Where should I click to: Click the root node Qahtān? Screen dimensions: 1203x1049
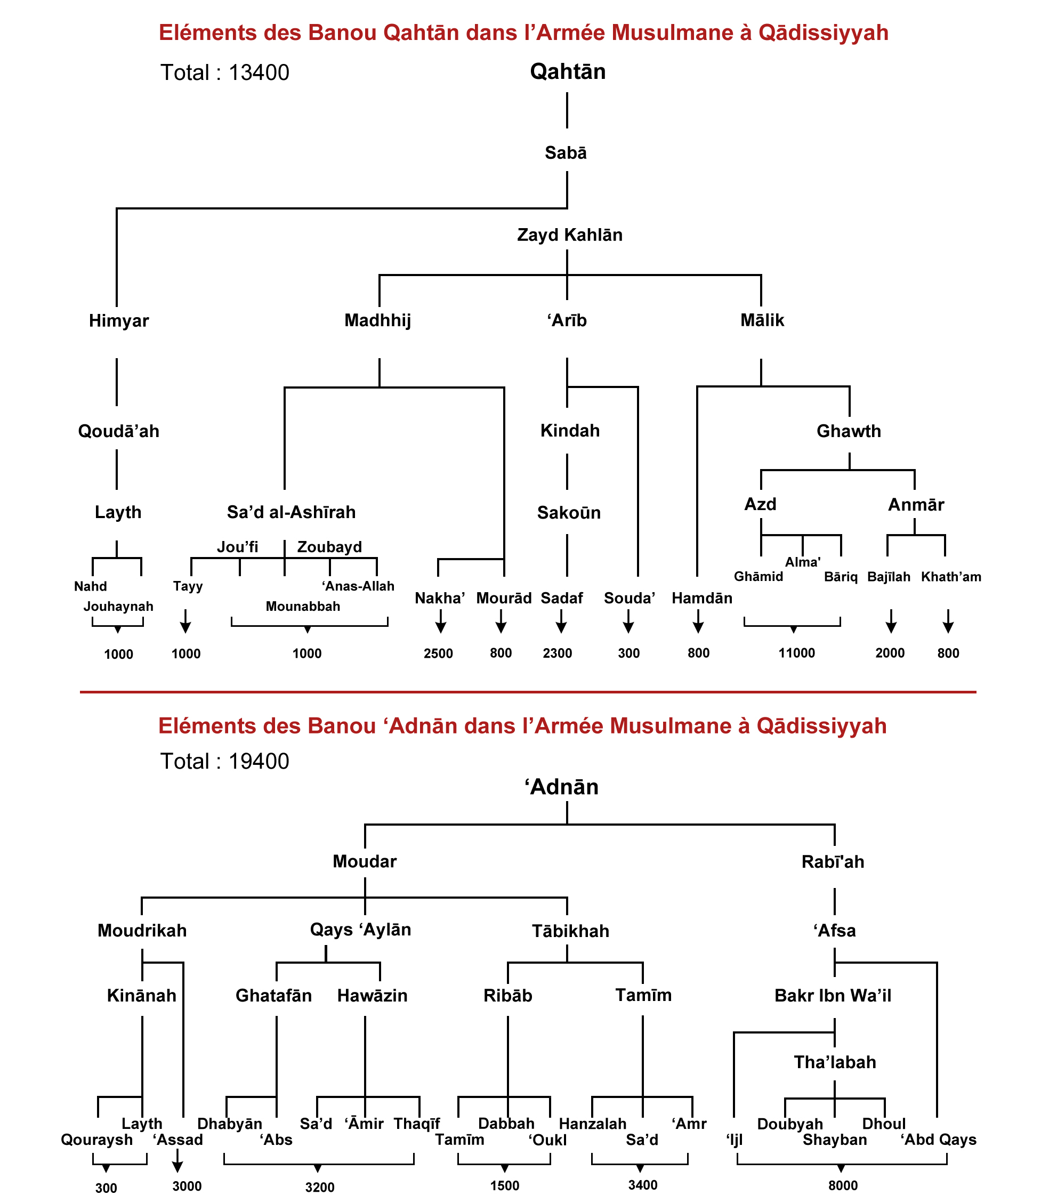tap(567, 71)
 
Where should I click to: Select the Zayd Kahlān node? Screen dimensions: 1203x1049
tap(570, 235)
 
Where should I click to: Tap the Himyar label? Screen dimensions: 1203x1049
tap(119, 321)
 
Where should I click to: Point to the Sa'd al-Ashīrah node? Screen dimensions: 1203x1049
tap(291, 512)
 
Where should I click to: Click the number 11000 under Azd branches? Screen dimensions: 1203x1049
tap(796, 653)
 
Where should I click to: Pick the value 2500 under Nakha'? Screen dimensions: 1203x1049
tap(439, 653)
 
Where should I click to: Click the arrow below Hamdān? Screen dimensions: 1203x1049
tap(698, 621)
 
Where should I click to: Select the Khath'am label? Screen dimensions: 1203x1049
tap(951, 577)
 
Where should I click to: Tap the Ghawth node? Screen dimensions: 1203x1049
tap(848, 431)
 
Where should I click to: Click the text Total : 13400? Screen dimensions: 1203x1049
tap(225, 72)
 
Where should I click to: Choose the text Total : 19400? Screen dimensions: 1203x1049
tap(225, 761)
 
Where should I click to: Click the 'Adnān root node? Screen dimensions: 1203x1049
tap(561, 787)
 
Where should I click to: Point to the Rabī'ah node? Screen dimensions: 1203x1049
tap(833, 862)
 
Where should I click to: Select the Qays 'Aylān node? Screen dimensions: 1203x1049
tap(360, 930)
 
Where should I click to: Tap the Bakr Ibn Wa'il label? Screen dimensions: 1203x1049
tap(833, 996)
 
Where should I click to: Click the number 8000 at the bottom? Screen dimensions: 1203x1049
tap(843, 1185)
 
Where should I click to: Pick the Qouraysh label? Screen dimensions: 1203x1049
tap(96, 1140)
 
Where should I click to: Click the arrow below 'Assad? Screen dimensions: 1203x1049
tap(177, 1160)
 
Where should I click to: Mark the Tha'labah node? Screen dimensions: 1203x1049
tap(835, 1062)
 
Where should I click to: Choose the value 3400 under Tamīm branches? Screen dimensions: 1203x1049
tap(643, 1185)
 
